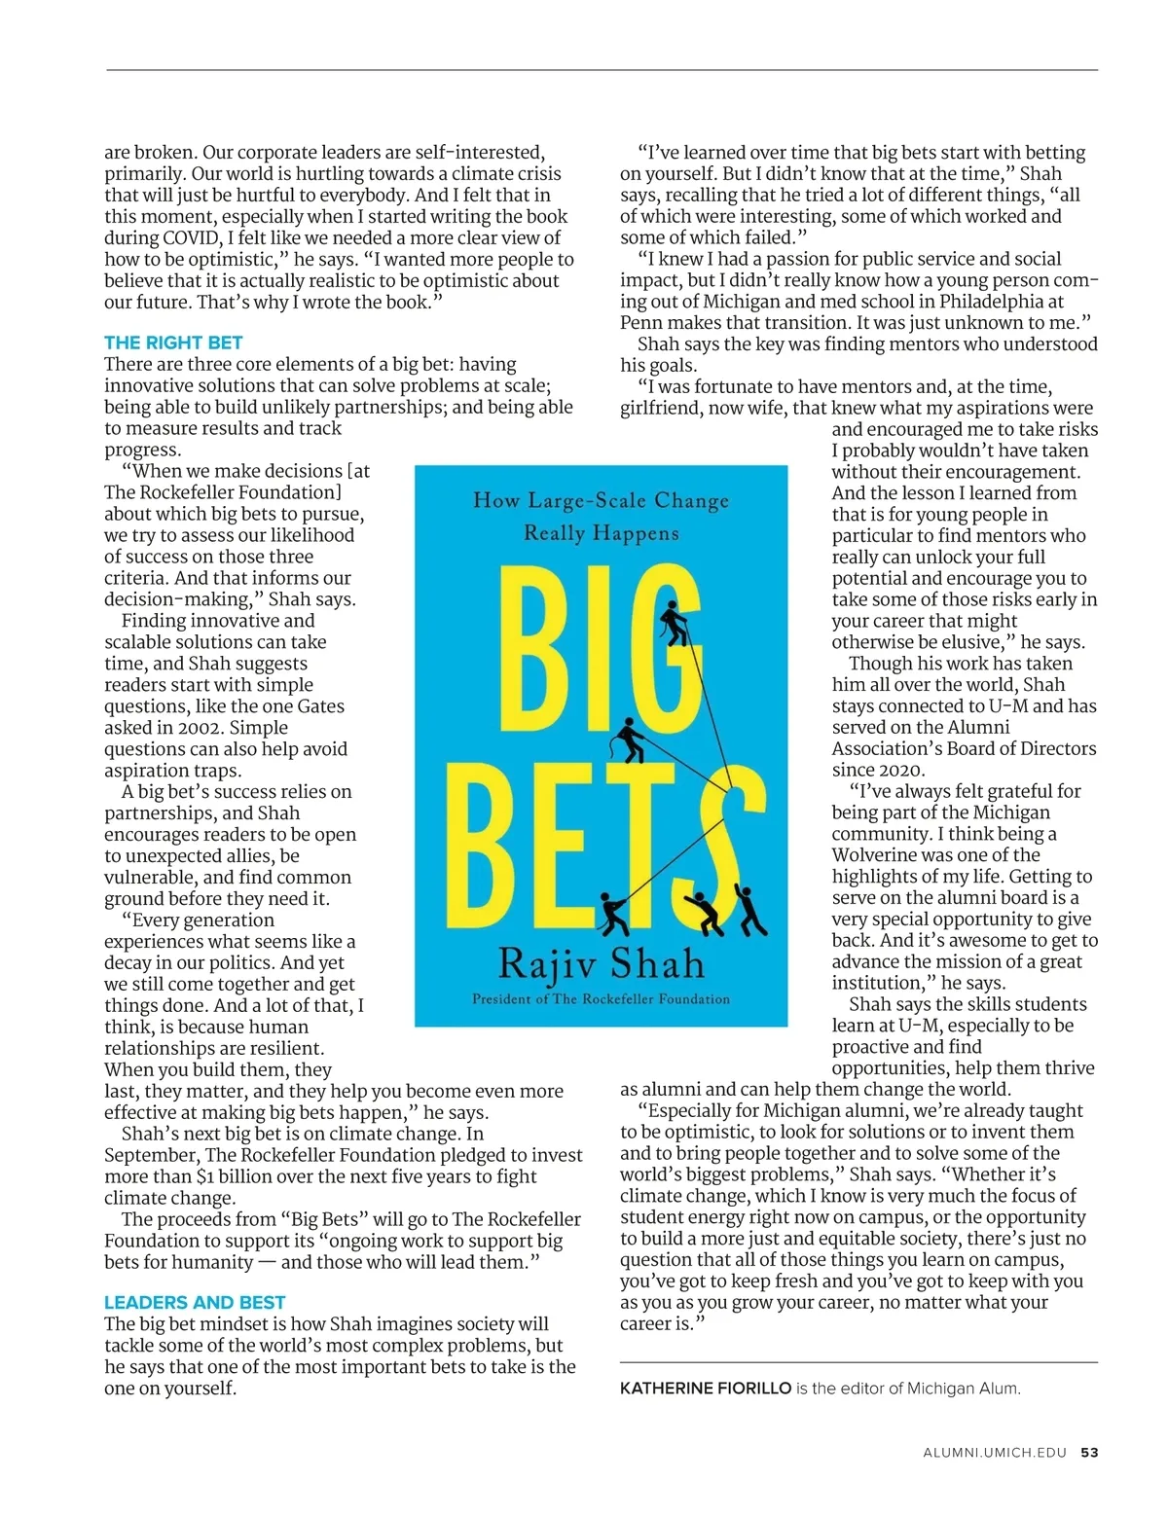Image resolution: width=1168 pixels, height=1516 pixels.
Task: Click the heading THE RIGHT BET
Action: tap(173, 343)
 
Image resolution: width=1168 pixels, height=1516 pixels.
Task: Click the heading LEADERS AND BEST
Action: tap(195, 1302)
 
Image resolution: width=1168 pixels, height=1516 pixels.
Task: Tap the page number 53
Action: tap(1089, 1453)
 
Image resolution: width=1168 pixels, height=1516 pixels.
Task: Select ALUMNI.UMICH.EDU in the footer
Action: tap(995, 1453)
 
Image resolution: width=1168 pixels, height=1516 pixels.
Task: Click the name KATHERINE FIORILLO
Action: tap(706, 1389)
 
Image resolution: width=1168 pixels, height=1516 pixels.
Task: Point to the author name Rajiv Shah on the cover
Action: tap(601, 963)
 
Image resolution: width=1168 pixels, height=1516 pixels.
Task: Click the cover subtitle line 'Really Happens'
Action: tap(601, 533)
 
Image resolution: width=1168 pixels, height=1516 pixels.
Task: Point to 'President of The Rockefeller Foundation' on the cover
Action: tap(601, 999)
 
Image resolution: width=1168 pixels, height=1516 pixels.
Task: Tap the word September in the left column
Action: tap(150, 1155)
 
